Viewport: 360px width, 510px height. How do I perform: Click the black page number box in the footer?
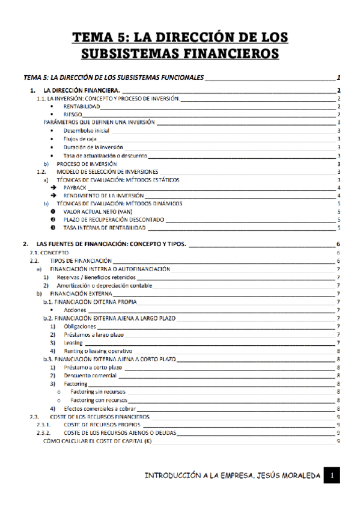click(x=331, y=476)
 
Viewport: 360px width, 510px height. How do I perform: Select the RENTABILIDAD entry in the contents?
click(x=81, y=106)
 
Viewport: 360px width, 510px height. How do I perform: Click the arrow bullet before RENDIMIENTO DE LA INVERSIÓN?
click(x=53, y=195)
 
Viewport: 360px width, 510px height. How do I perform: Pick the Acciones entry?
click(x=75, y=310)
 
